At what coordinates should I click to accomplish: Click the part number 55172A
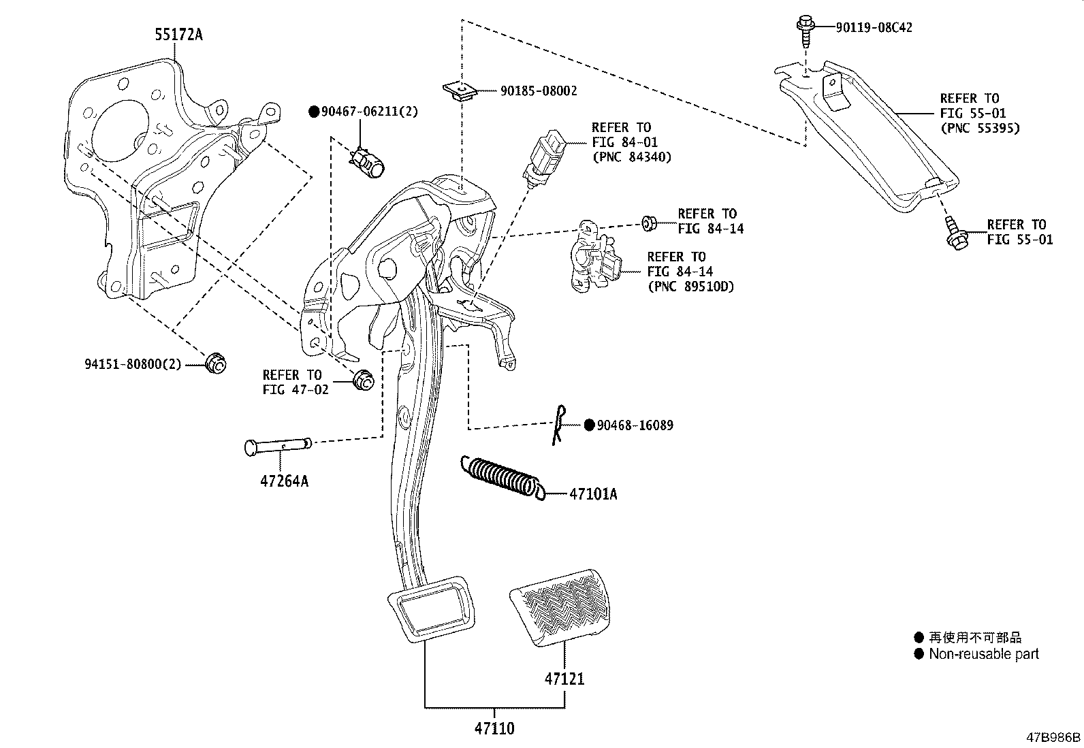[178, 35]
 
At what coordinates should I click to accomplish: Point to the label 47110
[494, 728]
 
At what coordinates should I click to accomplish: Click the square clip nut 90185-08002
[459, 91]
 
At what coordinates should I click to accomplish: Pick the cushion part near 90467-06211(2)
[369, 161]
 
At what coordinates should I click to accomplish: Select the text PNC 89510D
[690, 287]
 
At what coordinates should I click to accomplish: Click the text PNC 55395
[980, 128]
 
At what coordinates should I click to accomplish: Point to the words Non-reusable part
[983, 654]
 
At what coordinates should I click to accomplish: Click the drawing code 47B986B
[1053, 738]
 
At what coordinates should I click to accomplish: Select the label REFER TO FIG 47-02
[295, 382]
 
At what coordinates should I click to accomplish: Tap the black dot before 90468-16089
[590, 425]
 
